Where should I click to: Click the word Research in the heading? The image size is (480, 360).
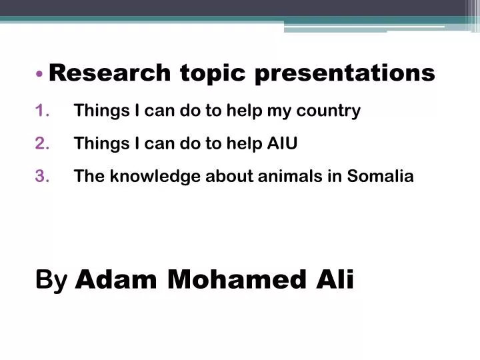[x=110, y=73]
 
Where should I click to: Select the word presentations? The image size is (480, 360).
[x=345, y=73]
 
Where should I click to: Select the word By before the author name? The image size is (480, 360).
[x=51, y=281]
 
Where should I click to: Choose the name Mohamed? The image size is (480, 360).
[x=231, y=280]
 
